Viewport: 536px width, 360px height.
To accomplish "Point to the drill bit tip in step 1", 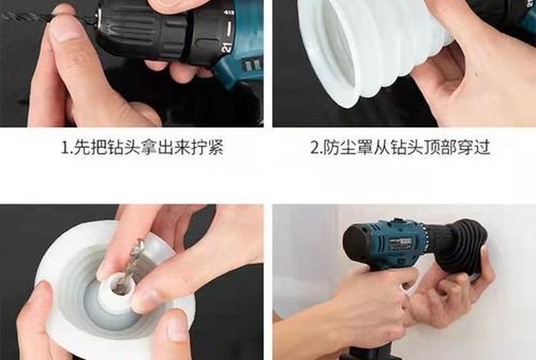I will click(x=6, y=15).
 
